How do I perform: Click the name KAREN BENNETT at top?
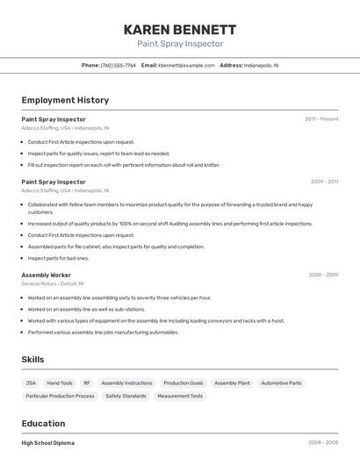pyautogui.click(x=180, y=29)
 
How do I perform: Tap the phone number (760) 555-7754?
pyautogui.click(x=119, y=65)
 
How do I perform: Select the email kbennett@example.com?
pyautogui.click(x=186, y=65)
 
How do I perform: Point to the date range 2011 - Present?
pyautogui.click(x=321, y=118)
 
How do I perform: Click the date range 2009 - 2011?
pyautogui.click(x=324, y=182)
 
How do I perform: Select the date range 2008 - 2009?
pyautogui.click(x=323, y=275)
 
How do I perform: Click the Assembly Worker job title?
pyautogui.click(x=47, y=275)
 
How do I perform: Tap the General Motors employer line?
pyautogui.click(x=53, y=283)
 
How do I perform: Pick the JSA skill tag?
pyautogui.click(x=31, y=383)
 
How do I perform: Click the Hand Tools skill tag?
pyautogui.click(x=60, y=383)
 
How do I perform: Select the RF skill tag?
pyautogui.click(x=87, y=383)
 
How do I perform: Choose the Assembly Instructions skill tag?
pyautogui.click(x=126, y=383)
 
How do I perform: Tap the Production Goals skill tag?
pyautogui.click(x=184, y=383)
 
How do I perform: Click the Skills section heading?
pyautogui.click(x=33, y=360)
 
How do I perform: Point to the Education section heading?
pyautogui.click(x=44, y=423)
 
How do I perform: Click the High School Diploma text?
pyautogui.click(x=47, y=443)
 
